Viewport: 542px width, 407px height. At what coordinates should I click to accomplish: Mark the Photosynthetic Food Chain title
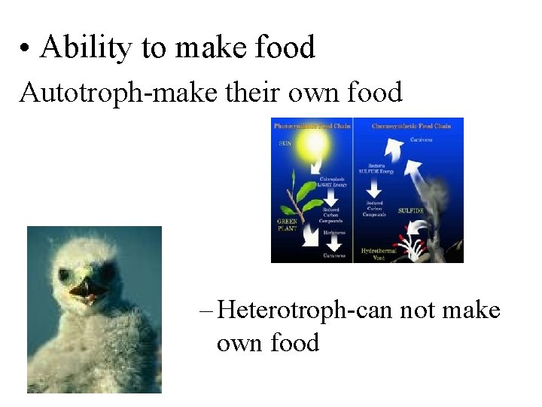pyautogui.click(x=312, y=126)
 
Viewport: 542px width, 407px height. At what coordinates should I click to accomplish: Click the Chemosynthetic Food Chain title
pyautogui.click(x=411, y=126)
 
